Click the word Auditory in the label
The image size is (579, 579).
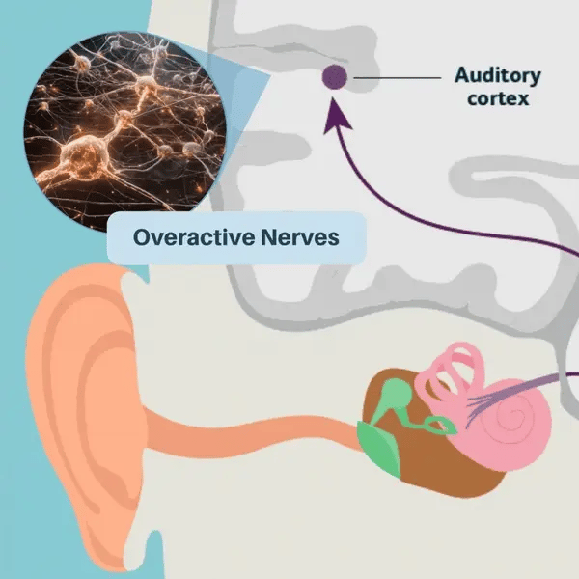[x=499, y=75]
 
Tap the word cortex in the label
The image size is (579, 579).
[x=498, y=98]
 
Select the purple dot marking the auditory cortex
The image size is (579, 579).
[x=335, y=76]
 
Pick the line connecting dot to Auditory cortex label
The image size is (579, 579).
[x=401, y=76]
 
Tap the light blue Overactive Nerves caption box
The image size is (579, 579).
[x=236, y=237]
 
